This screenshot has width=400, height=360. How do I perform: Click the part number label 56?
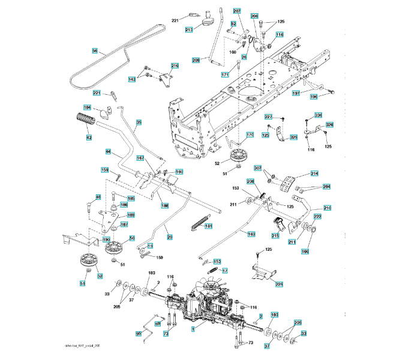(94, 52)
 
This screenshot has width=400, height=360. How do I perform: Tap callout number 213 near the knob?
(189, 29)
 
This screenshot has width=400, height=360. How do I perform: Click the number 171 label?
(225, 74)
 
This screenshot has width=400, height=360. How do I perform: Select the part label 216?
(175, 66)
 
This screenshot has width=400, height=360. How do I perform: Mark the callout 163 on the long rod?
(251, 234)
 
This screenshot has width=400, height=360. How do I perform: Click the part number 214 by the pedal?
(314, 173)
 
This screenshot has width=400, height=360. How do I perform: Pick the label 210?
(327, 207)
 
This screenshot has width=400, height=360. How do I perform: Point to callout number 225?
(279, 284)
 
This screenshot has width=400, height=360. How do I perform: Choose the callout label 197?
(296, 94)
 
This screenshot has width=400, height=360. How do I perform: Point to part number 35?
(139, 122)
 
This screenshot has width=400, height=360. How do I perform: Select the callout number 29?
(170, 237)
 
